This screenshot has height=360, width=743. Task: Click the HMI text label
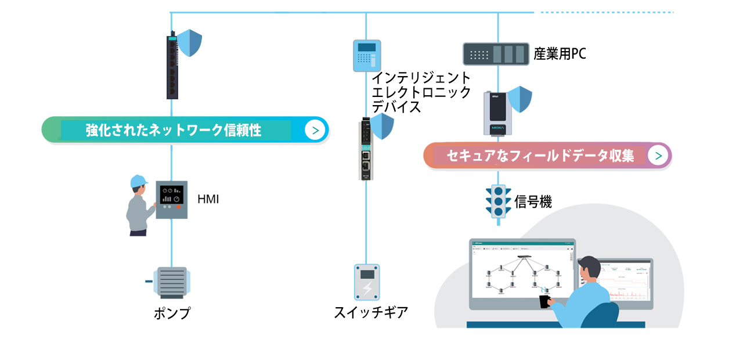point(208,200)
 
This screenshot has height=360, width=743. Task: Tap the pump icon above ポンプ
point(171,283)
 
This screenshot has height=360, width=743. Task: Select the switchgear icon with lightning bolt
point(366,282)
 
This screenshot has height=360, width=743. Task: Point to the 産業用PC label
point(560,55)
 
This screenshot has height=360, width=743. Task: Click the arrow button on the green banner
point(315,130)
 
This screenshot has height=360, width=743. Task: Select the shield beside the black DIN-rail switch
point(190,43)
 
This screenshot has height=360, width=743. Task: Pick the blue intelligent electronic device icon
point(367,55)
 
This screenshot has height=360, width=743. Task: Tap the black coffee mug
point(544,301)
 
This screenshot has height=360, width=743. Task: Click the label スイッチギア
point(371,312)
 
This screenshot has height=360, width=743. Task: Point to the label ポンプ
point(172,314)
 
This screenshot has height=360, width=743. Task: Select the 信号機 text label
point(533,202)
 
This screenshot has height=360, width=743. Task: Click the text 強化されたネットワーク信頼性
point(174,130)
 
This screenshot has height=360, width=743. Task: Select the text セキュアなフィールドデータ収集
point(540,156)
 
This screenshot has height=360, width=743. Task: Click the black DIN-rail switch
point(172,65)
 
